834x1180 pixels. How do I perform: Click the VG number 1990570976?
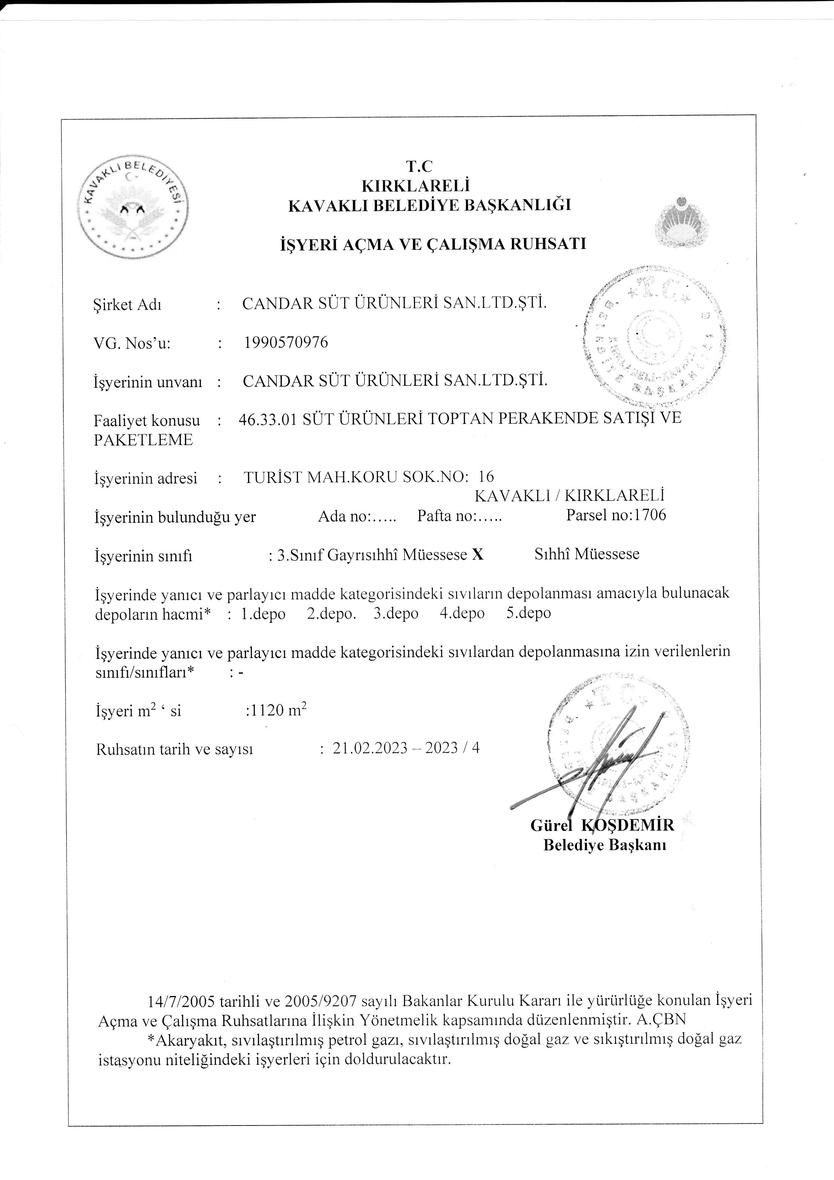tap(286, 342)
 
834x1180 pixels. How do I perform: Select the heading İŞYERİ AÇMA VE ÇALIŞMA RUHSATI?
tap(432, 244)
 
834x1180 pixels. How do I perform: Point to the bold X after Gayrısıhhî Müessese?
tap(478, 555)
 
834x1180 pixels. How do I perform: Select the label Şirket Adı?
tap(127, 305)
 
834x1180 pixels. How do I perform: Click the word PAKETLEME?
tap(143, 440)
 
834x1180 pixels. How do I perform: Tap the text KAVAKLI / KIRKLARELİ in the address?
tap(569, 495)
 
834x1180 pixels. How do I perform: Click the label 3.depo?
tap(396, 614)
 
